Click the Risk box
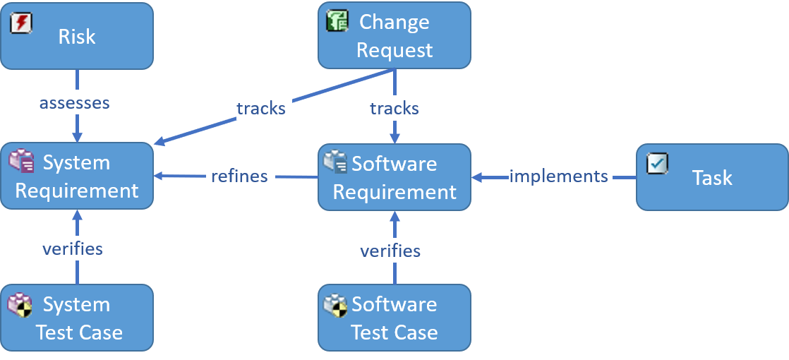pyautogui.click(x=76, y=36)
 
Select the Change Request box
pyautogui.click(x=394, y=35)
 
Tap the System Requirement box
pyautogui.click(x=76, y=176)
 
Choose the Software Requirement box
pyautogui.click(x=394, y=177)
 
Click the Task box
pyautogui.click(x=712, y=177)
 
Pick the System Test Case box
pyautogui.click(x=76, y=318)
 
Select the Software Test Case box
pyautogui.click(x=394, y=318)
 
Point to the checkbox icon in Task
pyautogui.click(x=657, y=164)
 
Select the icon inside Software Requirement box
pyautogui.click(x=335, y=162)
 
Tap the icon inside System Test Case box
pyautogui.click(x=20, y=305)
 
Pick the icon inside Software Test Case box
pyautogui.click(x=335, y=305)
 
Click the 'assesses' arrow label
pyautogui.click(x=75, y=102)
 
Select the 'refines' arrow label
pyautogui.click(x=239, y=176)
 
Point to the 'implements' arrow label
pyautogui.click(x=559, y=176)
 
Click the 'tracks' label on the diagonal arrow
pyautogui.click(x=260, y=108)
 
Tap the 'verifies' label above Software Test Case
pyautogui.click(x=390, y=250)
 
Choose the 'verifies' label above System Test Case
pyautogui.click(x=73, y=248)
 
